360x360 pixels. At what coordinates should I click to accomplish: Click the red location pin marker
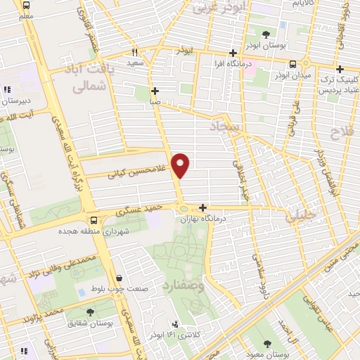click(x=181, y=165)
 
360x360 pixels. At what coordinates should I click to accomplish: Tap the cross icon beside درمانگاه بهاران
click(x=202, y=207)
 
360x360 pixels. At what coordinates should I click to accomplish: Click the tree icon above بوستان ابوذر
click(x=266, y=34)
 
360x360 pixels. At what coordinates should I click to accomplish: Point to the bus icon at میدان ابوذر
click(x=302, y=63)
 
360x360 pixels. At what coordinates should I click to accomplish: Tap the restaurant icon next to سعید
click(x=134, y=53)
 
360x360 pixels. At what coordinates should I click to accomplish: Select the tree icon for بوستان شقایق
click(x=89, y=311)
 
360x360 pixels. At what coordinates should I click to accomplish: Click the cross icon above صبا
click(x=155, y=91)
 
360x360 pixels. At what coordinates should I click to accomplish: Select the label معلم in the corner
click(x=25, y=15)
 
